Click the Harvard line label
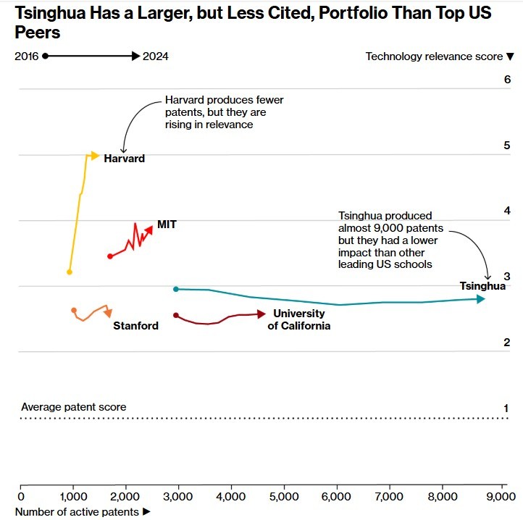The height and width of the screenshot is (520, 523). (x=124, y=159)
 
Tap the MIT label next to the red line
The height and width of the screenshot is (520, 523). (x=167, y=225)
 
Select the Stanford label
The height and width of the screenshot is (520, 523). (x=135, y=326)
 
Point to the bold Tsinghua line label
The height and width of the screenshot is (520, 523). (x=482, y=286)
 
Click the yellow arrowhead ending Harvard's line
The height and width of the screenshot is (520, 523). (x=95, y=155)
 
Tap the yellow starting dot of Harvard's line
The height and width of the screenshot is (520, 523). (x=70, y=272)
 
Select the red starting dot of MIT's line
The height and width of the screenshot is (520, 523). (x=110, y=256)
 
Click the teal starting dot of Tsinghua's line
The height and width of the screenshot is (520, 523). (x=176, y=289)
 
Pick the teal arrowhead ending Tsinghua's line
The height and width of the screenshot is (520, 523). (x=481, y=298)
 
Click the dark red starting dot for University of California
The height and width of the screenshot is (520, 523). (x=176, y=315)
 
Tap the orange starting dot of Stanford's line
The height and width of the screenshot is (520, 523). (x=74, y=310)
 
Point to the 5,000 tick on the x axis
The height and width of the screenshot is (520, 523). (x=283, y=497)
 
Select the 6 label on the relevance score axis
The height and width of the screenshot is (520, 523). (x=507, y=80)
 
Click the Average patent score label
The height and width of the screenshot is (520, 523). (x=73, y=407)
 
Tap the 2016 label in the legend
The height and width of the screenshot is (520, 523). (x=26, y=56)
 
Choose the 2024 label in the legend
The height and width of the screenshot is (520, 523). (x=156, y=56)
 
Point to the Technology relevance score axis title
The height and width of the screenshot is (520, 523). (x=439, y=56)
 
